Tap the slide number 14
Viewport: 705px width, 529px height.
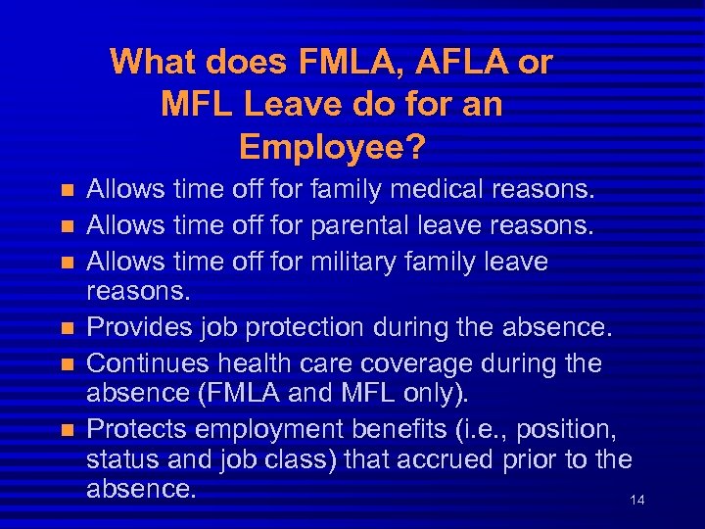pyautogui.click(x=637, y=501)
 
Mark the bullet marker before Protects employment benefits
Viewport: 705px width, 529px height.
pyautogui.click(x=67, y=428)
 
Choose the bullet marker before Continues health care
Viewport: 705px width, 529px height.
pyautogui.click(x=67, y=364)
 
